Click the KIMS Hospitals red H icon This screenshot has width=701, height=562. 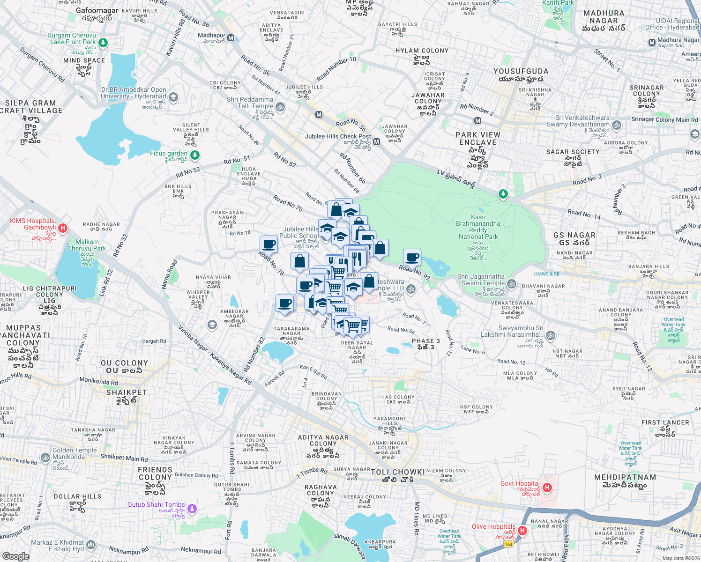click(x=63, y=228)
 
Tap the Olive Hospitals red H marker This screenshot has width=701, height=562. click(x=523, y=531)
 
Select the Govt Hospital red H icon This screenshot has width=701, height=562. click(x=547, y=488)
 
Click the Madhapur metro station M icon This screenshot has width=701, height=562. click(x=231, y=37)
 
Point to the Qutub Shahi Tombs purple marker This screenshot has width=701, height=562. click(x=191, y=508)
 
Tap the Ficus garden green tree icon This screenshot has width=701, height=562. click(x=195, y=155)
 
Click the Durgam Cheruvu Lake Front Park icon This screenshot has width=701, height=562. click(x=103, y=43)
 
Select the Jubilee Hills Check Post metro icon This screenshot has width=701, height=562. click(x=376, y=141)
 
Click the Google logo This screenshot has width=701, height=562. click(x=15, y=556)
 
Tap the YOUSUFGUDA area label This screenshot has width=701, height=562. click(x=521, y=71)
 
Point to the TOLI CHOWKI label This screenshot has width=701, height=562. click(x=397, y=472)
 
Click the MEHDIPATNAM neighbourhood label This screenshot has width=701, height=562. click(x=625, y=477)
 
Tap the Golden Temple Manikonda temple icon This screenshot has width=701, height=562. click(x=45, y=458)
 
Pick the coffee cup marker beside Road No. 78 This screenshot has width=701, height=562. click(x=269, y=244)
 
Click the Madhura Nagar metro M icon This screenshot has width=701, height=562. click(x=652, y=43)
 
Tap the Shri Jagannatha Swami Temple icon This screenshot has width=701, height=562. click(x=512, y=284)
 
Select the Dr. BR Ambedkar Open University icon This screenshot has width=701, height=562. click(x=173, y=97)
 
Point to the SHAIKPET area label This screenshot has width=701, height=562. click(x=127, y=392)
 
